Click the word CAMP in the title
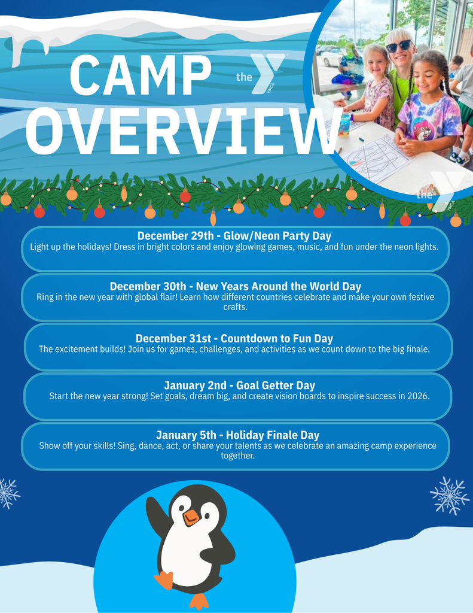141,76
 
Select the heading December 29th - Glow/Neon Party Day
234,236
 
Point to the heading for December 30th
236,286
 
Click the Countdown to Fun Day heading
234,339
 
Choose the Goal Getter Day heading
239,386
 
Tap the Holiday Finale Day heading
238,435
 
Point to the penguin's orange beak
191,517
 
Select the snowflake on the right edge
450,495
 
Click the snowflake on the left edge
7,493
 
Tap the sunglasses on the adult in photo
398,45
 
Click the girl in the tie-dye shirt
427,108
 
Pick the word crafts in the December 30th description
235,307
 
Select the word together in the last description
237,456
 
